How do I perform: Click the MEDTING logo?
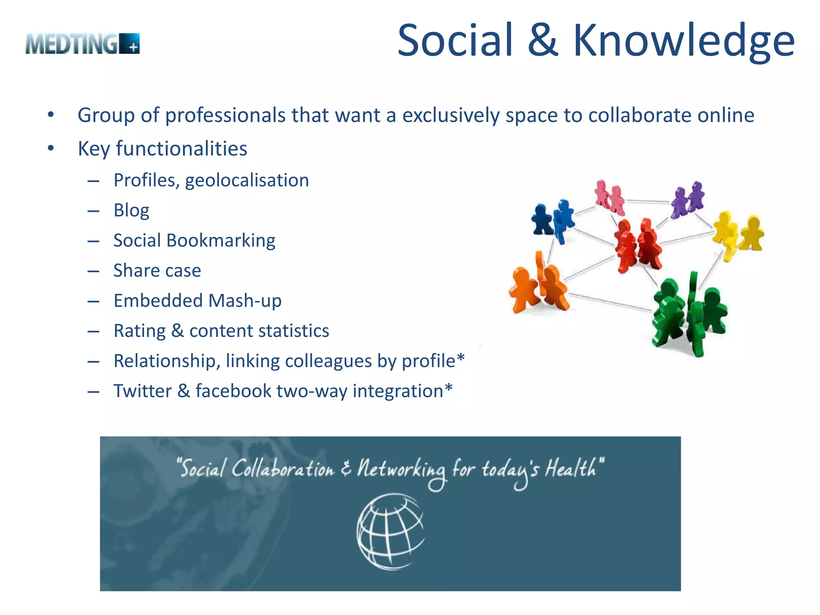click(82, 44)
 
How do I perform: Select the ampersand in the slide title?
click(543, 40)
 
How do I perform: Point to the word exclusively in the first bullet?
click(451, 115)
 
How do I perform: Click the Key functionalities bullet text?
click(162, 149)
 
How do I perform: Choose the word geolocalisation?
click(247, 181)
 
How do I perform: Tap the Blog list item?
click(131, 210)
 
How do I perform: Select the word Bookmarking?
click(221, 241)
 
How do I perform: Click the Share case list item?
click(157, 271)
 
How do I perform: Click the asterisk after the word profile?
click(460, 357)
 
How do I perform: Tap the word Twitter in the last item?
click(143, 391)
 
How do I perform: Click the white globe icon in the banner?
click(390, 531)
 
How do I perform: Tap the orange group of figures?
click(539, 284)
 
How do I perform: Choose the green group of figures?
click(689, 314)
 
